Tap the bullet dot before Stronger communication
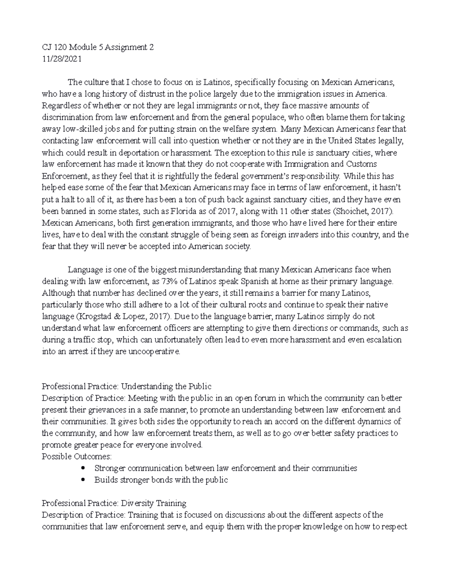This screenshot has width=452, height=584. (x=83, y=468)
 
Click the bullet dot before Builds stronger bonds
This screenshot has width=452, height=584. (x=83, y=480)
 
